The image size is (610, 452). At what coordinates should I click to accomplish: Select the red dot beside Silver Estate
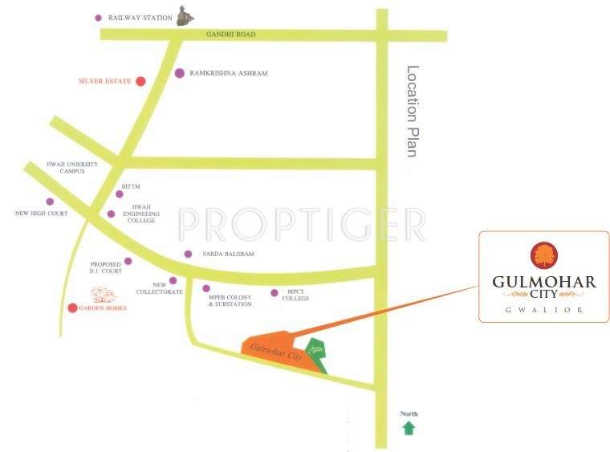click(140, 81)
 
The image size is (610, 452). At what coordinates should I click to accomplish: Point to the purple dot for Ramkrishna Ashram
click(179, 73)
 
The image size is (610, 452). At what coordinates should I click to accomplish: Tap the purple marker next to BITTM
click(120, 193)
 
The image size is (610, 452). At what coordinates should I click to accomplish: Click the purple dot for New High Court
click(50, 202)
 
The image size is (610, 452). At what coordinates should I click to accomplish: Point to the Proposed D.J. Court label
click(106, 267)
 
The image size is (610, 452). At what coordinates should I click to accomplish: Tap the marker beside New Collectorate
click(173, 281)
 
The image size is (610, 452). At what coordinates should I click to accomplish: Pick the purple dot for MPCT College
click(274, 293)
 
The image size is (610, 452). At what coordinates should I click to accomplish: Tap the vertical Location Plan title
click(413, 111)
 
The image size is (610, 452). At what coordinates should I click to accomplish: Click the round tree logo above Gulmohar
click(543, 255)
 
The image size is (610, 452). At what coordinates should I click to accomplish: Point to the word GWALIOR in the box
click(543, 309)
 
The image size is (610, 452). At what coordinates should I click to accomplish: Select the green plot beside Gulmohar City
click(318, 353)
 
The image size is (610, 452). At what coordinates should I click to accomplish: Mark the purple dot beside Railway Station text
click(99, 17)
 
